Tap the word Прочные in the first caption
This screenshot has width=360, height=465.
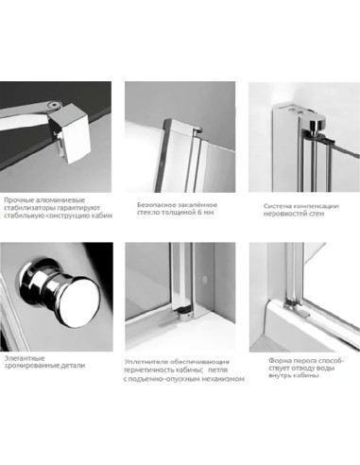pos(17,200)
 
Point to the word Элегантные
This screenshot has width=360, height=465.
pos(25,358)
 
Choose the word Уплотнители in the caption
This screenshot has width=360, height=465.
pos(144,362)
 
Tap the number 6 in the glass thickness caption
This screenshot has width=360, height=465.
pos(199,213)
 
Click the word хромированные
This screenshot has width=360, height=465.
pos(26,366)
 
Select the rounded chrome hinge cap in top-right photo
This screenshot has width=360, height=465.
pos(315,122)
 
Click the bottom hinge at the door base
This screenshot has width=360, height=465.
pos(183,313)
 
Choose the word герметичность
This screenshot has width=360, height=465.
pos(145,370)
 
